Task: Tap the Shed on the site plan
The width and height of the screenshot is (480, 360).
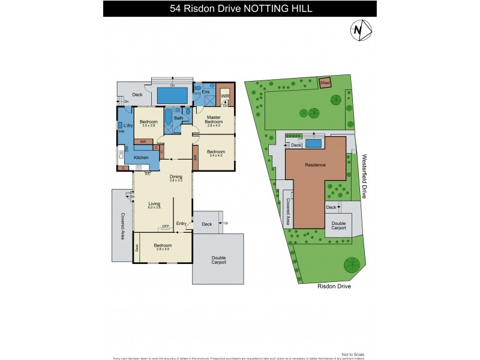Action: [x=325, y=83]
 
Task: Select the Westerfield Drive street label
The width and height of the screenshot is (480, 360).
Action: [x=364, y=175]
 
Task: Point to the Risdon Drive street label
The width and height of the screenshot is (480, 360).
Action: [x=334, y=287]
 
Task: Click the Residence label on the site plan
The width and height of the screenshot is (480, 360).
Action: [x=315, y=164]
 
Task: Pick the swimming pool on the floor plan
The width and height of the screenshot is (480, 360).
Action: [x=172, y=95]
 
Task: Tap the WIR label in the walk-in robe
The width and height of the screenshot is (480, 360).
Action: [x=225, y=96]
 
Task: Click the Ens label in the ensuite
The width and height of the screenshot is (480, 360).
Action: [x=205, y=92]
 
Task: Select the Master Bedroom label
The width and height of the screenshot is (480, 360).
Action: [x=215, y=119]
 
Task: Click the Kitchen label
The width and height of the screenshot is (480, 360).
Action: [x=141, y=157]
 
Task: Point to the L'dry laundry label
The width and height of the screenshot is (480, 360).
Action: [x=127, y=125]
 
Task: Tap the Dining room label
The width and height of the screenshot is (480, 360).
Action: [x=175, y=176]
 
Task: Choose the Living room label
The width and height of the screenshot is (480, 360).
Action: [x=155, y=205]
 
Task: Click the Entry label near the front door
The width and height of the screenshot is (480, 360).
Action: [x=181, y=223]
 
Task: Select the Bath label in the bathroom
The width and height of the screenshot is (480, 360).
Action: [x=178, y=118]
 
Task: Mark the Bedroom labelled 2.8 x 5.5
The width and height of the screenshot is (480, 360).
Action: [x=163, y=246]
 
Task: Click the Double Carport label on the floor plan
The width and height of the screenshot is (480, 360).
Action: [x=218, y=260]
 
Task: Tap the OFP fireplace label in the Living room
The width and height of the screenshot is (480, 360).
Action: [x=165, y=226]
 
